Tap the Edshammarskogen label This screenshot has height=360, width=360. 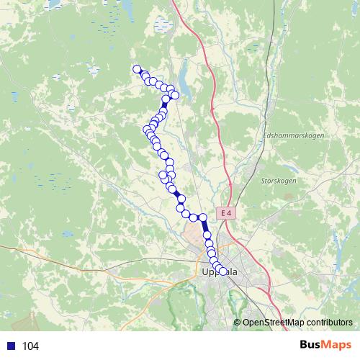294,135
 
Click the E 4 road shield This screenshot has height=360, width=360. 227,213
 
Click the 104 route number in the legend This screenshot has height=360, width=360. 30,346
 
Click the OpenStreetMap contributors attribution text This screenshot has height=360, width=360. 297,323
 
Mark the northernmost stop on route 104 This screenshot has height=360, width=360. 137,69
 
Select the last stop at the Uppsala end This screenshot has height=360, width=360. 222,271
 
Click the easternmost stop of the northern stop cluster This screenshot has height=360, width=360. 174,96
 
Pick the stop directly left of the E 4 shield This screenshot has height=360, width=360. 203,217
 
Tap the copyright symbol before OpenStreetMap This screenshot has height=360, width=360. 238,323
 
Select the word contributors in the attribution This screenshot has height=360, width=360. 329,323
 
